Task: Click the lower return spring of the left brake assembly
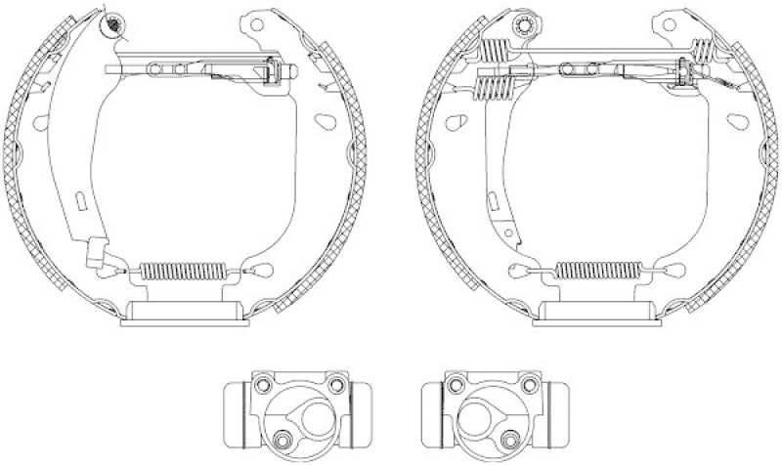click(x=184, y=271)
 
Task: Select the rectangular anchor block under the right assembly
click(x=596, y=314)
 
